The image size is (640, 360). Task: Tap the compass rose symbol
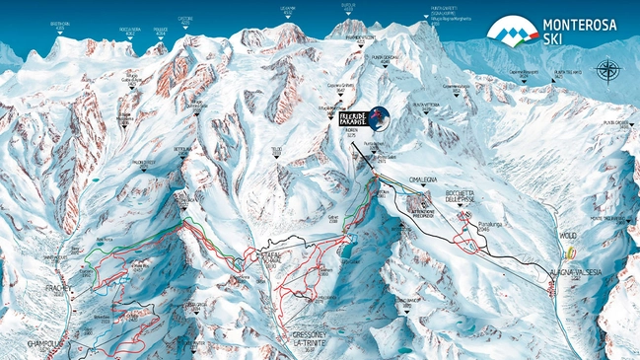[608, 70]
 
